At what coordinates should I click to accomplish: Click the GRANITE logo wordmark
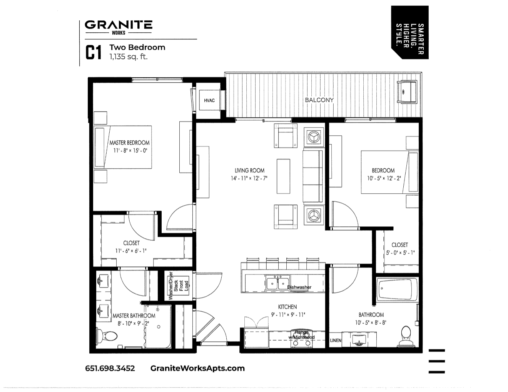[x=118, y=25]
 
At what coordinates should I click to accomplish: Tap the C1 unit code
[x=93, y=53]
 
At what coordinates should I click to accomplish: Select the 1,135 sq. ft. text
[x=129, y=56]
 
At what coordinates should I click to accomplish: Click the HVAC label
[x=209, y=101]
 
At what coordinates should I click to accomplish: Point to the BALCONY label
[x=319, y=100]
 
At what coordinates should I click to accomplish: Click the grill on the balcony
[x=406, y=91]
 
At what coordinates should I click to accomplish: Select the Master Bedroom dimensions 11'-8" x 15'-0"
[x=130, y=151]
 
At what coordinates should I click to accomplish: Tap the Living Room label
[x=249, y=170]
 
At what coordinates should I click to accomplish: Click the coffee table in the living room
[x=283, y=176]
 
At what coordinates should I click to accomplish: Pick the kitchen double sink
[x=277, y=284]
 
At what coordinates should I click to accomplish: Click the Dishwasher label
[x=299, y=287]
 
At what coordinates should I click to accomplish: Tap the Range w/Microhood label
[x=302, y=335]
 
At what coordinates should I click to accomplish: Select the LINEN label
[x=336, y=340]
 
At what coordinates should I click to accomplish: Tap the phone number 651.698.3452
[x=110, y=368]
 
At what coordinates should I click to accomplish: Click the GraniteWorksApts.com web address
[x=197, y=368]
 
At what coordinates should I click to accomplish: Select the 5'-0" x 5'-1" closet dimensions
[x=399, y=253]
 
